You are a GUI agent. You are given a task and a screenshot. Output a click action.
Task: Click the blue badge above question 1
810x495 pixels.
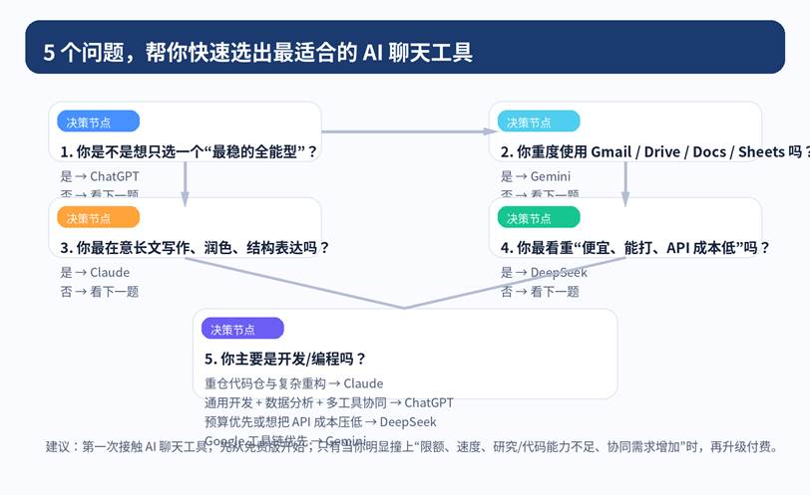pyautogui.click(x=98, y=122)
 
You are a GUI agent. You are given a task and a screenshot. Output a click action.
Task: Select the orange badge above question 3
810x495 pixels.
pyautogui.click(x=98, y=217)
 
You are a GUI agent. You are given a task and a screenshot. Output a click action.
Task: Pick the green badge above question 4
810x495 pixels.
pyautogui.click(x=538, y=217)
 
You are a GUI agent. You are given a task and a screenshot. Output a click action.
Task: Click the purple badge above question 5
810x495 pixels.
pyautogui.click(x=242, y=329)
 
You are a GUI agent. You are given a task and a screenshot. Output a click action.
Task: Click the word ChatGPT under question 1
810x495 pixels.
pyautogui.click(x=115, y=176)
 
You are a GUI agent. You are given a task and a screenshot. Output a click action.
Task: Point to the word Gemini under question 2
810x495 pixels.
pyautogui.click(x=550, y=176)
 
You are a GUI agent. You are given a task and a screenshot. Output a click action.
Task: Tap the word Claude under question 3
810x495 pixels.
pyautogui.click(x=110, y=272)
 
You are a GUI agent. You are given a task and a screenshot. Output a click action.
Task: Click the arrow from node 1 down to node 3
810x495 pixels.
pyautogui.click(x=186, y=179)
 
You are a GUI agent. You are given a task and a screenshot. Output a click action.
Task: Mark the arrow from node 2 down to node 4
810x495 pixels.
pyautogui.click(x=625, y=179)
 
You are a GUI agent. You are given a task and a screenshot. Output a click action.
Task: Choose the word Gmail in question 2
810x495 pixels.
pyautogui.click(x=612, y=152)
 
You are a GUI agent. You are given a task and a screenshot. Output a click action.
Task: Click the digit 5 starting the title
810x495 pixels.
pyautogui.click(x=49, y=53)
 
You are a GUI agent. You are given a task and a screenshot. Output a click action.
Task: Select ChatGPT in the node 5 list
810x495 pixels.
pyautogui.click(x=429, y=402)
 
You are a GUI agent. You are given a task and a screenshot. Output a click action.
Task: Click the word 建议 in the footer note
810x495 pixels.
pyautogui.click(x=59, y=447)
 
